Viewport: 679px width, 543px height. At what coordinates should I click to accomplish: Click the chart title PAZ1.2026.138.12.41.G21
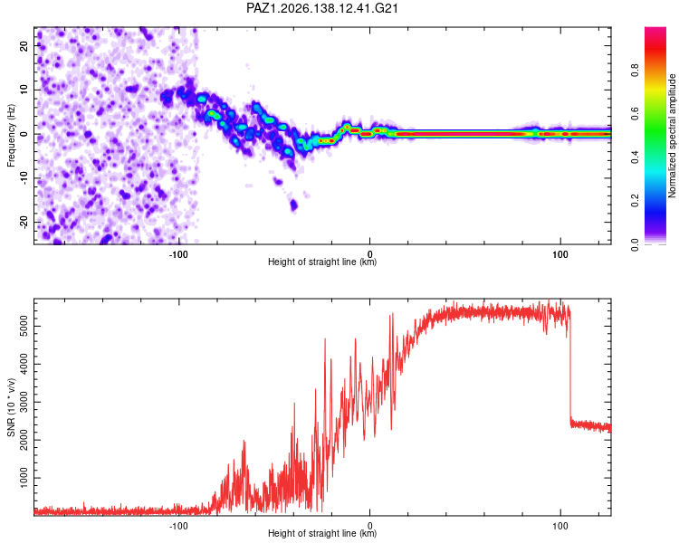pyautogui.click(x=321, y=8)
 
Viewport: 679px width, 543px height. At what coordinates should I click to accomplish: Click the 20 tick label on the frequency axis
pyautogui.click(x=24, y=45)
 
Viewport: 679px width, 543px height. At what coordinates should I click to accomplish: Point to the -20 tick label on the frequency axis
pyautogui.click(x=24, y=222)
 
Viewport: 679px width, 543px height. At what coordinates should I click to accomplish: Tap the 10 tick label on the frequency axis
pyautogui.click(x=24, y=90)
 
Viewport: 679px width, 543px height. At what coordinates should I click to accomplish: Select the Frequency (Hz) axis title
pyautogui.click(x=11, y=136)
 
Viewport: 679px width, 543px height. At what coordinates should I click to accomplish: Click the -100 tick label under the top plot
pyautogui.click(x=178, y=254)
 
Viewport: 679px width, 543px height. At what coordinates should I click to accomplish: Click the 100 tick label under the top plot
pyautogui.click(x=559, y=254)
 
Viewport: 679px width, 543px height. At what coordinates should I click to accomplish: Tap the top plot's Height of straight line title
pyautogui.click(x=322, y=262)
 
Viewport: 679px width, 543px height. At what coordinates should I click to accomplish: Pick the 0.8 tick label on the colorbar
pyautogui.click(x=635, y=71)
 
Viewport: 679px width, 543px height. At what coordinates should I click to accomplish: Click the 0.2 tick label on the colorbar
pyautogui.click(x=635, y=201)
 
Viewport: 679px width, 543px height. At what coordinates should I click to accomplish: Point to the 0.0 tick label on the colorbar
pyautogui.click(x=635, y=244)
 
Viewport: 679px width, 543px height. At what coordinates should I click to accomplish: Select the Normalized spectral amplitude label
pyautogui.click(x=672, y=136)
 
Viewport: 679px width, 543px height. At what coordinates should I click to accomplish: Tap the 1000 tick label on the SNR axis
pyautogui.click(x=24, y=478)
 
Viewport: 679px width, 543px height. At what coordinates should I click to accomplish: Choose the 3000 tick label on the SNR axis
pyautogui.click(x=24, y=402)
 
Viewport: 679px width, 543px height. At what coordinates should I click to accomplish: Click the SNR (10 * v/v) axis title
pyautogui.click(x=11, y=407)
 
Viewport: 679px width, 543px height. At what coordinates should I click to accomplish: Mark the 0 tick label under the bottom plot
pyautogui.click(x=369, y=526)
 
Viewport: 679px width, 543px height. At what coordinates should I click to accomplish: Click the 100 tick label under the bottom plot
pyautogui.click(x=559, y=526)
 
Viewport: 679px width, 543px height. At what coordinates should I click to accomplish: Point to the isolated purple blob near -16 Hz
pyautogui.click(x=293, y=205)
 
